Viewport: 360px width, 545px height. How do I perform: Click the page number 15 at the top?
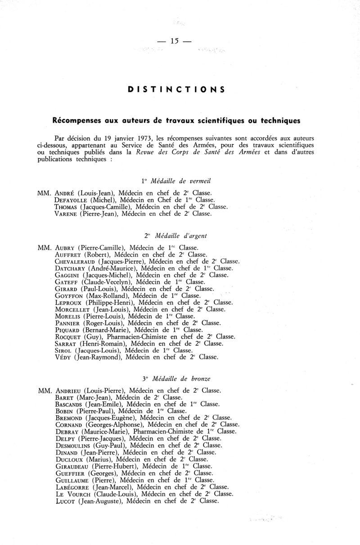pyautogui.click(x=175, y=41)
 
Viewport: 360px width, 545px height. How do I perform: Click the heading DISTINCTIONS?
pyautogui.click(x=176, y=89)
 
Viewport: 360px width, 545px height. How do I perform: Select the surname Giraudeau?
pyautogui.click(x=73, y=466)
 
